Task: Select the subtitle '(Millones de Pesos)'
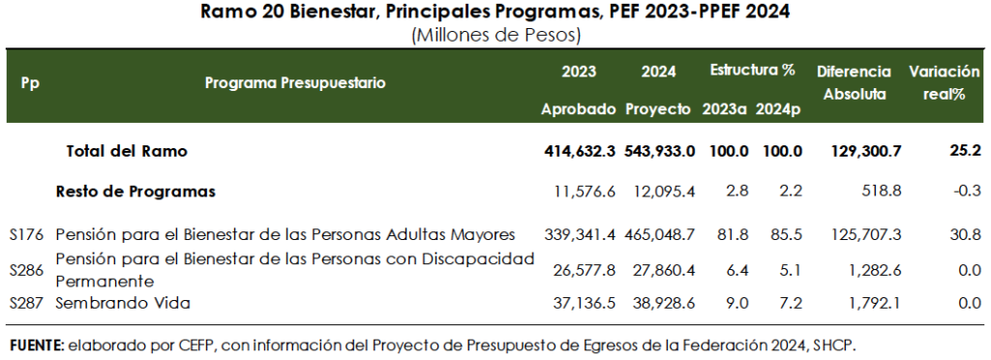pyautogui.click(x=495, y=36)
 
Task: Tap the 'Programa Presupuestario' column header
pyautogui.click(x=295, y=83)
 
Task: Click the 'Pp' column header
pyautogui.click(x=30, y=83)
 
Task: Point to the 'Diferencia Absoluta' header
pyautogui.click(x=854, y=83)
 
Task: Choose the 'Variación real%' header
pyautogui.click(x=944, y=83)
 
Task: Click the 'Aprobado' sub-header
pyautogui.click(x=579, y=108)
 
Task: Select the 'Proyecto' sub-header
pyautogui.click(x=658, y=108)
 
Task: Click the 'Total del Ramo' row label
pyautogui.click(x=126, y=151)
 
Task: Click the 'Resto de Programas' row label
pyautogui.click(x=135, y=192)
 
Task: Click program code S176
pyautogui.click(x=27, y=234)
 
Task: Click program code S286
pyautogui.click(x=27, y=270)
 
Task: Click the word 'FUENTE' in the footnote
pyautogui.click(x=34, y=345)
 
